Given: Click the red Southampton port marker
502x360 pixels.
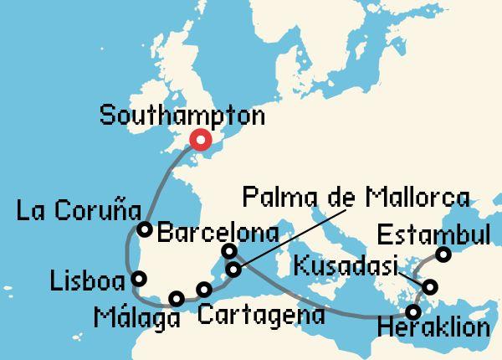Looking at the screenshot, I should (x=201, y=141).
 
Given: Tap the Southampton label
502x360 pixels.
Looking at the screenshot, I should (x=181, y=116).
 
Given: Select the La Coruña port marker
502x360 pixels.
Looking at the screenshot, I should (x=145, y=229).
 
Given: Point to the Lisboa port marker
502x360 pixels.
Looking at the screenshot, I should (x=139, y=279).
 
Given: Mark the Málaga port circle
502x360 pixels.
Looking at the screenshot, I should (x=176, y=298).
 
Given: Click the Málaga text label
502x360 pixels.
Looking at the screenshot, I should (x=137, y=320).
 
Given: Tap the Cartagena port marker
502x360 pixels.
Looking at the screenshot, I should (x=204, y=291).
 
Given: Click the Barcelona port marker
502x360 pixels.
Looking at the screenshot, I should (x=229, y=251).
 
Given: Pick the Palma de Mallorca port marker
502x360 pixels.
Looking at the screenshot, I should (x=234, y=270).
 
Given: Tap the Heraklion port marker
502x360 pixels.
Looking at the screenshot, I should (x=412, y=312).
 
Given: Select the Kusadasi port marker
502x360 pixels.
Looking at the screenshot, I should (x=430, y=288).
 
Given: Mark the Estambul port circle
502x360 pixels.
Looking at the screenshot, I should (x=444, y=255).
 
